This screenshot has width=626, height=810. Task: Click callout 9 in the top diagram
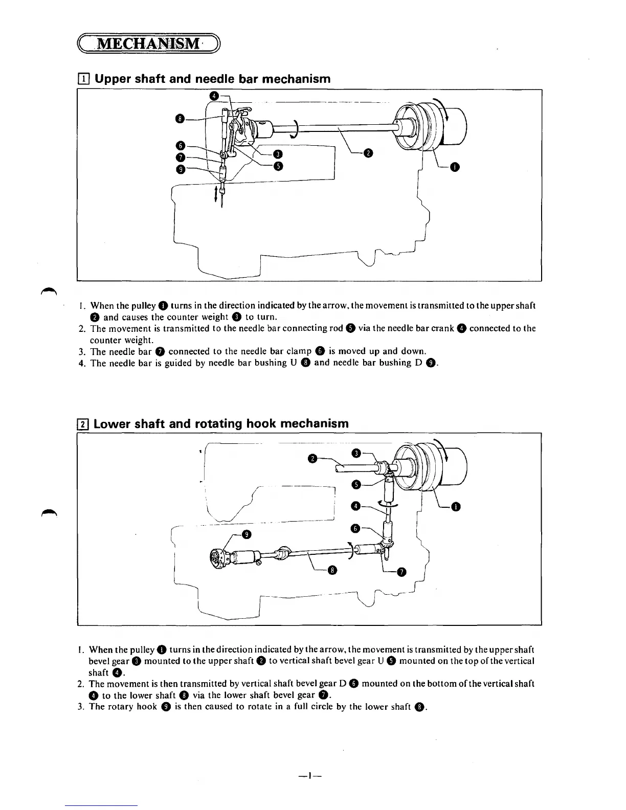coord(180,169)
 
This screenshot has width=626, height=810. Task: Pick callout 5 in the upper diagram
coord(278,165)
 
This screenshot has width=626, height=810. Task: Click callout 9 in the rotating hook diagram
coord(247,535)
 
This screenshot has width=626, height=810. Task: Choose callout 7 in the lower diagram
coord(401,572)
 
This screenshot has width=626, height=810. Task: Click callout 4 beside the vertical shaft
coord(356,506)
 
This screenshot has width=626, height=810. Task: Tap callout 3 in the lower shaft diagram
coord(357,453)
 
